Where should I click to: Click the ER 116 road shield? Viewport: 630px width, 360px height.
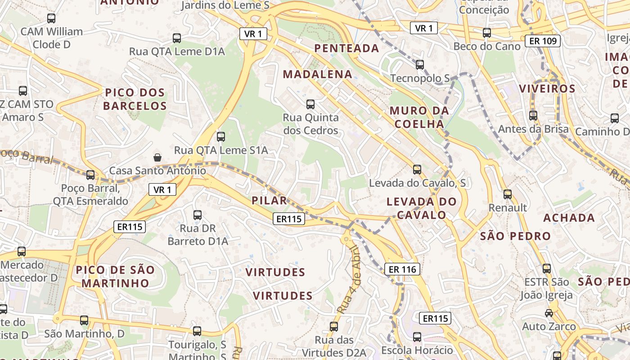point(402,269)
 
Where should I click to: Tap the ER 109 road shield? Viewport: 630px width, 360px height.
point(542,41)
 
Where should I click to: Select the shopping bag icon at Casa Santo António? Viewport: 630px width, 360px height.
point(157,157)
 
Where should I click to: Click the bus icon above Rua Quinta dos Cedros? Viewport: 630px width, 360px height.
point(310,104)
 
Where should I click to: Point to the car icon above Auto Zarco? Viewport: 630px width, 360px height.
point(549,313)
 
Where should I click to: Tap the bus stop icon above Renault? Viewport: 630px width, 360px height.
point(508,194)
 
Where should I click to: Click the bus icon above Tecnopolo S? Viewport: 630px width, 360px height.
point(420,65)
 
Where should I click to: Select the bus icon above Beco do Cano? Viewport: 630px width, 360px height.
point(486,33)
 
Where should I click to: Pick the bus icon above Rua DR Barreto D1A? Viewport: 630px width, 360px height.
point(197,215)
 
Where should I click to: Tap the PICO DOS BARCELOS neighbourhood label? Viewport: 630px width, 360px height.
point(135,99)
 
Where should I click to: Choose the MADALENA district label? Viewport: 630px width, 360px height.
point(317,75)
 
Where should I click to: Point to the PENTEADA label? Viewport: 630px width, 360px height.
point(346,48)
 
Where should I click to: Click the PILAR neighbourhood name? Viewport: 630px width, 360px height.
point(269,201)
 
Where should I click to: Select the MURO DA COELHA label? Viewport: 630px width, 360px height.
point(419,117)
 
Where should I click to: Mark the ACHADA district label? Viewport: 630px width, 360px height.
point(569,218)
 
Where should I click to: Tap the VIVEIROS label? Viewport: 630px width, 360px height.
point(547,89)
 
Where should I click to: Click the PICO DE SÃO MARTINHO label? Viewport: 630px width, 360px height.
point(115,276)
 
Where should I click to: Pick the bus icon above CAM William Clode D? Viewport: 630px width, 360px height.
point(51,18)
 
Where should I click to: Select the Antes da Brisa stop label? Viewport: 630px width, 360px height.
point(533,129)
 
